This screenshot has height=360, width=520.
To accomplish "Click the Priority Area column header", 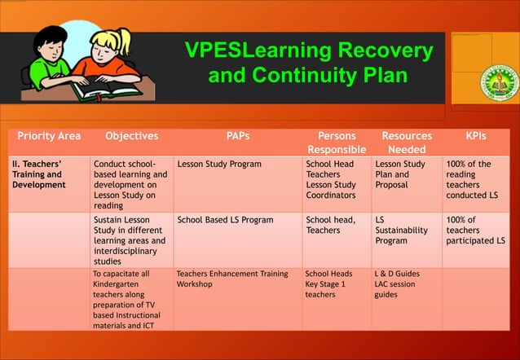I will pos(49,136).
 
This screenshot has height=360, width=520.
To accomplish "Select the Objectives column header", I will pos(132,136).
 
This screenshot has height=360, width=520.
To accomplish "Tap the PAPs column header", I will pos(238,136).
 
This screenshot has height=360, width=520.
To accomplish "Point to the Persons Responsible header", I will pos(337,143).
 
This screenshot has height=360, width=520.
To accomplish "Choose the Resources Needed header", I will pos(407,143).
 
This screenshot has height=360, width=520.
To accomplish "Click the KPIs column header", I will pos(475,136).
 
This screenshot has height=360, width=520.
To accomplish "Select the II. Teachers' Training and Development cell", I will pos(38,174).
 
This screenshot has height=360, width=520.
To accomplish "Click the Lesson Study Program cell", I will pos(219,164).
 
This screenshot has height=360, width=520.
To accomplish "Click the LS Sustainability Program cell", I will pos(402,230).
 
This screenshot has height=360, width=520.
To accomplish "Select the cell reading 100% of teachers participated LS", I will pos(475,230).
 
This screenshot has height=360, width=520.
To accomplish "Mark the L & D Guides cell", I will pos(397,274).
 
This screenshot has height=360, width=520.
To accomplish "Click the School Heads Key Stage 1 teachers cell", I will pos(328,284).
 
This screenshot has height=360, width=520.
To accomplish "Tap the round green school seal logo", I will pos(499,81).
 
